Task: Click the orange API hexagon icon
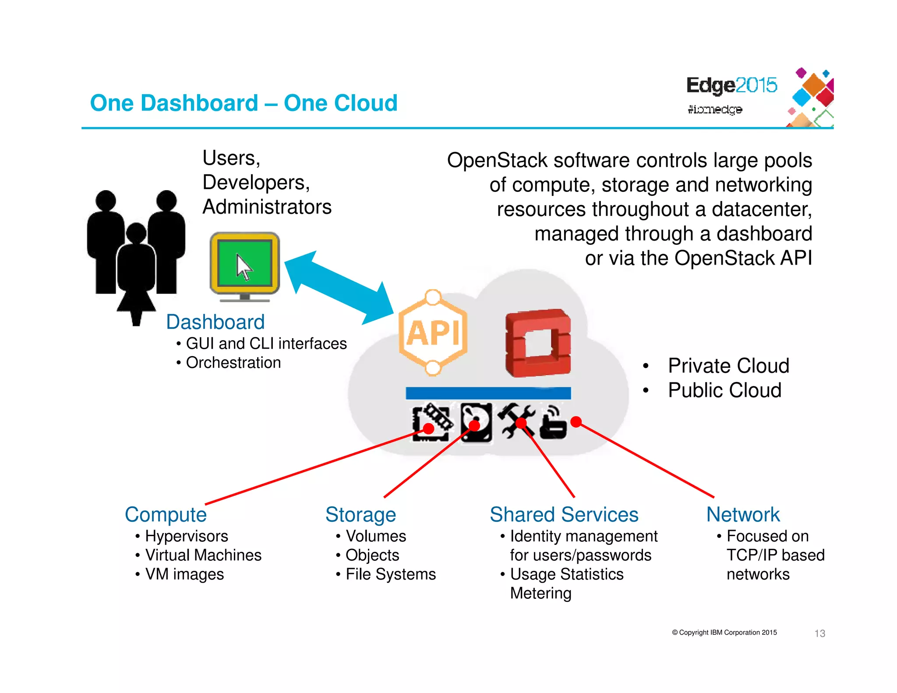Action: pyautogui.click(x=433, y=333)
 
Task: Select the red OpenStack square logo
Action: pyautogui.click(x=538, y=343)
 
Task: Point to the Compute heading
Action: pyautogui.click(x=166, y=515)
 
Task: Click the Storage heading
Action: pyautogui.click(x=360, y=515)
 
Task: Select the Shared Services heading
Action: pyautogui.click(x=564, y=515)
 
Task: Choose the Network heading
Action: pyautogui.click(x=743, y=515)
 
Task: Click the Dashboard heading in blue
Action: pyautogui.click(x=215, y=322)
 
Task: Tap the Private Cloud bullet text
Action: pyautogui.click(x=728, y=366)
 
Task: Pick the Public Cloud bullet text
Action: pyautogui.click(x=724, y=390)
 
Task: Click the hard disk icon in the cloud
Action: pyautogui.click(x=477, y=423)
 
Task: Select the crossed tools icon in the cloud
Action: pyautogui.click(x=518, y=421)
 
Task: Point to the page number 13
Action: pyautogui.click(x=819, y=633)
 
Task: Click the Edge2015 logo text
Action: pyautogui.click(x=731, y=85)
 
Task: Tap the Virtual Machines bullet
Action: pyautogui.click(x=203, y=555)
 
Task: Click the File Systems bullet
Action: pyautogui.click(x=391, y=574)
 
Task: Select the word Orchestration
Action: pyautogui.click(x=233, y=363)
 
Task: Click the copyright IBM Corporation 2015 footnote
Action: pyautogui.click(x=724, y=633)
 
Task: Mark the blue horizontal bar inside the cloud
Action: pyautogui.click(x=488, y=393)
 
